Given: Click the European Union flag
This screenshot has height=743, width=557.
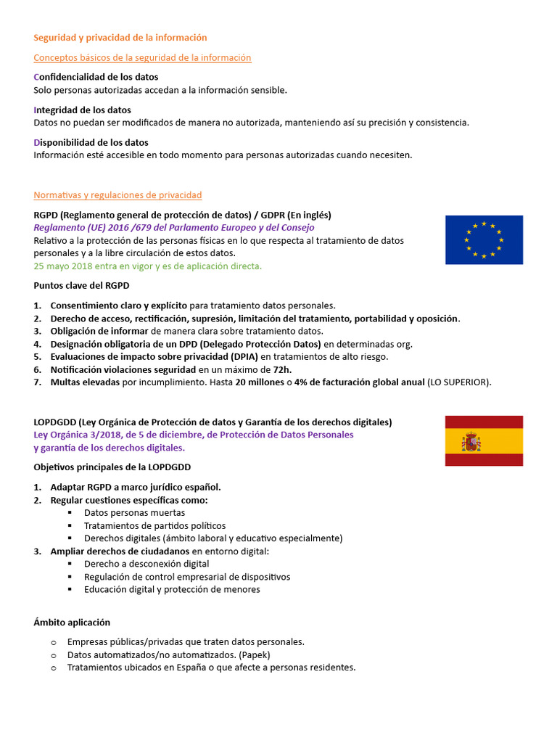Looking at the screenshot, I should [x=484, y=239].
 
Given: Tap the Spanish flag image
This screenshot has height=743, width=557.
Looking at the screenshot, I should [x=484, y=440].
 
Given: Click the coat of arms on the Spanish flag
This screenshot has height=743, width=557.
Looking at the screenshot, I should [x=471, y=440].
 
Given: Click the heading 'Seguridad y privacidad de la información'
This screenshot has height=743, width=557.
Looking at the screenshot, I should [x=120, y=37].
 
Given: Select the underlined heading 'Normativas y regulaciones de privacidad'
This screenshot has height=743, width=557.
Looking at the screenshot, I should [x=117, y=195].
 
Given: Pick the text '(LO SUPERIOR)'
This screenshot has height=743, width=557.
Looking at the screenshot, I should [x=459, y=382].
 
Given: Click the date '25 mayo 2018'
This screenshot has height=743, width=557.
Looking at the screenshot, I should [x=64, y=266].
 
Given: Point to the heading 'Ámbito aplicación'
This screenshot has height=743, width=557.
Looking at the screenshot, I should [x=72, y=622].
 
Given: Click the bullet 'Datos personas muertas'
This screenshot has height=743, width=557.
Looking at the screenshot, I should [x=134, y=512].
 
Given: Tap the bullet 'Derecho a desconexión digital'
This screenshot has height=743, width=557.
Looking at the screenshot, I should [x=147, y=564].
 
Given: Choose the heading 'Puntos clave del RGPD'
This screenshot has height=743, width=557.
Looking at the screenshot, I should [x=81, y=286].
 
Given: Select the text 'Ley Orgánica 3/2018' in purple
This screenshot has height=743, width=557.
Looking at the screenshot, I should [x=78, y=435].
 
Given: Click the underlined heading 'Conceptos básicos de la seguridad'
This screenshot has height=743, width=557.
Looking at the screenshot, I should [x=142, y=57].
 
